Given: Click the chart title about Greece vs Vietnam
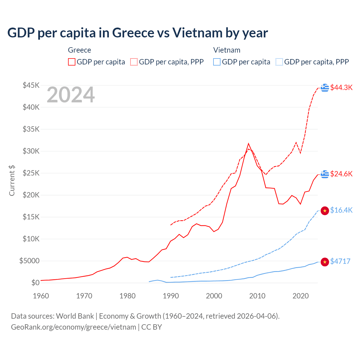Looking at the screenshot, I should tap(138, 33).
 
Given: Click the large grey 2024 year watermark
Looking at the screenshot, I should tap(71, 95).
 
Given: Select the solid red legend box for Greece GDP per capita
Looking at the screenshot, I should tap(72, 62).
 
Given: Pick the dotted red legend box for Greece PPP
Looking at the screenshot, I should tap(134, 62).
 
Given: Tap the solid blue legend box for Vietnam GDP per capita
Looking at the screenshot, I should tap(217, 62).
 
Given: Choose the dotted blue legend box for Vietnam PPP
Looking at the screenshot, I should tap(279, 62).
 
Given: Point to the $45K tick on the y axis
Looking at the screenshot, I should tap(31, 85).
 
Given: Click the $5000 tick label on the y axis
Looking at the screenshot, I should tap(30, 261).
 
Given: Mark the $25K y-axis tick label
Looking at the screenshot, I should tap(31, 173).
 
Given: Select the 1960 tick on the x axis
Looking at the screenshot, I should tap(41, 296).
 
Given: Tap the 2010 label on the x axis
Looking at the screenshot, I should tap(257, 296).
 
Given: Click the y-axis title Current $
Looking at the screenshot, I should tap(12, 180).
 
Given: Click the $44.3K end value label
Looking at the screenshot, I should tap(341, 87).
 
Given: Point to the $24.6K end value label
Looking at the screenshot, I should tap(341, 174).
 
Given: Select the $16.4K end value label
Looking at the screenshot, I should tap(341, 210).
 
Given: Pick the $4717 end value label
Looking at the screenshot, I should tap(340, 261).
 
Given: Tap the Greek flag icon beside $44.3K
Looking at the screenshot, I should tap(325, 88).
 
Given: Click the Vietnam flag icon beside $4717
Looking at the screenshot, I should tap(325, 262).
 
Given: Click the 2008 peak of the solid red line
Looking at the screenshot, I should tap(248, 144).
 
